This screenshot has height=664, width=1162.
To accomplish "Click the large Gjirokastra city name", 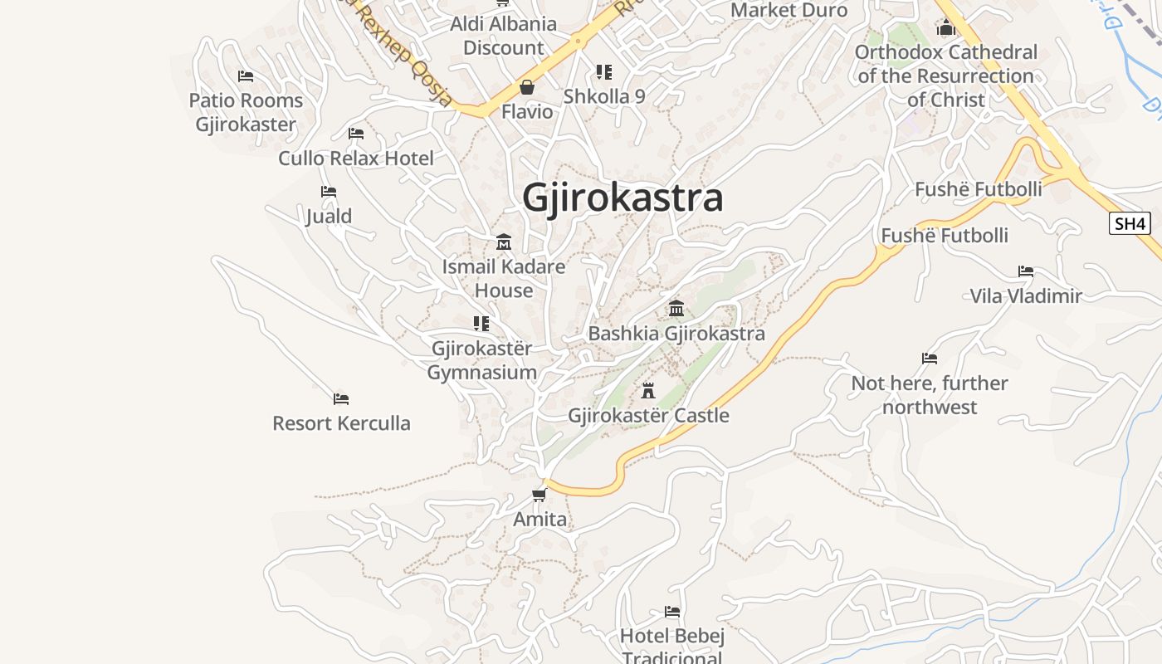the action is point(622,198).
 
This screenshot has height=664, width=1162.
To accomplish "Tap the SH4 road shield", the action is point(1130,223).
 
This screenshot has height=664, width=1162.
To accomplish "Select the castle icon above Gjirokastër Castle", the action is point(648,390).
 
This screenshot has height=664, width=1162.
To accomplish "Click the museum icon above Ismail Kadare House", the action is point(504,242).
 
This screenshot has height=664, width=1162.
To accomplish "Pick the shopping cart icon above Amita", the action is point(539,496).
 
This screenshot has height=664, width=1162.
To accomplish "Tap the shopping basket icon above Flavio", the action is point(526,87).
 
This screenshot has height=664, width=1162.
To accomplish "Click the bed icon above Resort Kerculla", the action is point(341,398).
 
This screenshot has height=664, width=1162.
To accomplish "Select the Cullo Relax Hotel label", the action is point(356,158).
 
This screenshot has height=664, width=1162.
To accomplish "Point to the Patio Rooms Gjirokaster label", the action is point(246,112).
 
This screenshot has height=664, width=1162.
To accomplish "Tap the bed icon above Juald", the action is point(329,192).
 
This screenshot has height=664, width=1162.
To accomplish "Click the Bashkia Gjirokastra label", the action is point(676,334).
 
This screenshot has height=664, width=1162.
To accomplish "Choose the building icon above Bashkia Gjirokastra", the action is point(676,309).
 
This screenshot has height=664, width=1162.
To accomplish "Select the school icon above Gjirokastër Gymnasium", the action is point(481,323).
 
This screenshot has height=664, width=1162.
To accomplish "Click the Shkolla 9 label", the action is point(604,96).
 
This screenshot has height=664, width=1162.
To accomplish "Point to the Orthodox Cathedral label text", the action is point(946,76).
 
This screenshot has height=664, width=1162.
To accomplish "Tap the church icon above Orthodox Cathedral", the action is point(946,28).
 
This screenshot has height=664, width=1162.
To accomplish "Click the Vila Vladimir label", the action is point(1026,295).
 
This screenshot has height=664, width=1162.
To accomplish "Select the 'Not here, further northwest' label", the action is point(930,395).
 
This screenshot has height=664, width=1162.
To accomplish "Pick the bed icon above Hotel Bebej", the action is point(672,612).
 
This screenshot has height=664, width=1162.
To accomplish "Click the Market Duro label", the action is point(788,10).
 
